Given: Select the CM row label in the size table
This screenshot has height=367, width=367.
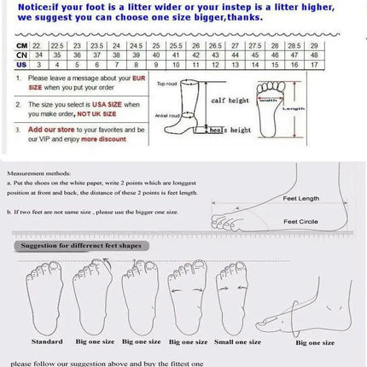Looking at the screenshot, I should click(x=21, y=44).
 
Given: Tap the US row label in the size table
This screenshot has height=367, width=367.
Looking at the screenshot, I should click(x=21, y=63).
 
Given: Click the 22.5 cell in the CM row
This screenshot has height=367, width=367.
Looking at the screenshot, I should click(x=58, y=44).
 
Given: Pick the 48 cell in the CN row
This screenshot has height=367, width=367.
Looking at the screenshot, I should click(x=314, y=54).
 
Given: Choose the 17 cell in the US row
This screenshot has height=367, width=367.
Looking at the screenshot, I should click(x=314, y=63).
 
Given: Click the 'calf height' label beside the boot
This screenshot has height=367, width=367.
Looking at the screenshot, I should click(x=230, y=99).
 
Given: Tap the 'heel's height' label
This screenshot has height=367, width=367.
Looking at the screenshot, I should click(x=230, y=130).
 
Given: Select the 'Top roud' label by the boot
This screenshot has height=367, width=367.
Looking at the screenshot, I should click(x=166, y=84).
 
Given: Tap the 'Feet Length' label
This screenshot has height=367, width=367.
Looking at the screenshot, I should click(x=300, y=198).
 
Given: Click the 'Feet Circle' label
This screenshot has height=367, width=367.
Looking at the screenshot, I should click(x=300, y=221).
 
